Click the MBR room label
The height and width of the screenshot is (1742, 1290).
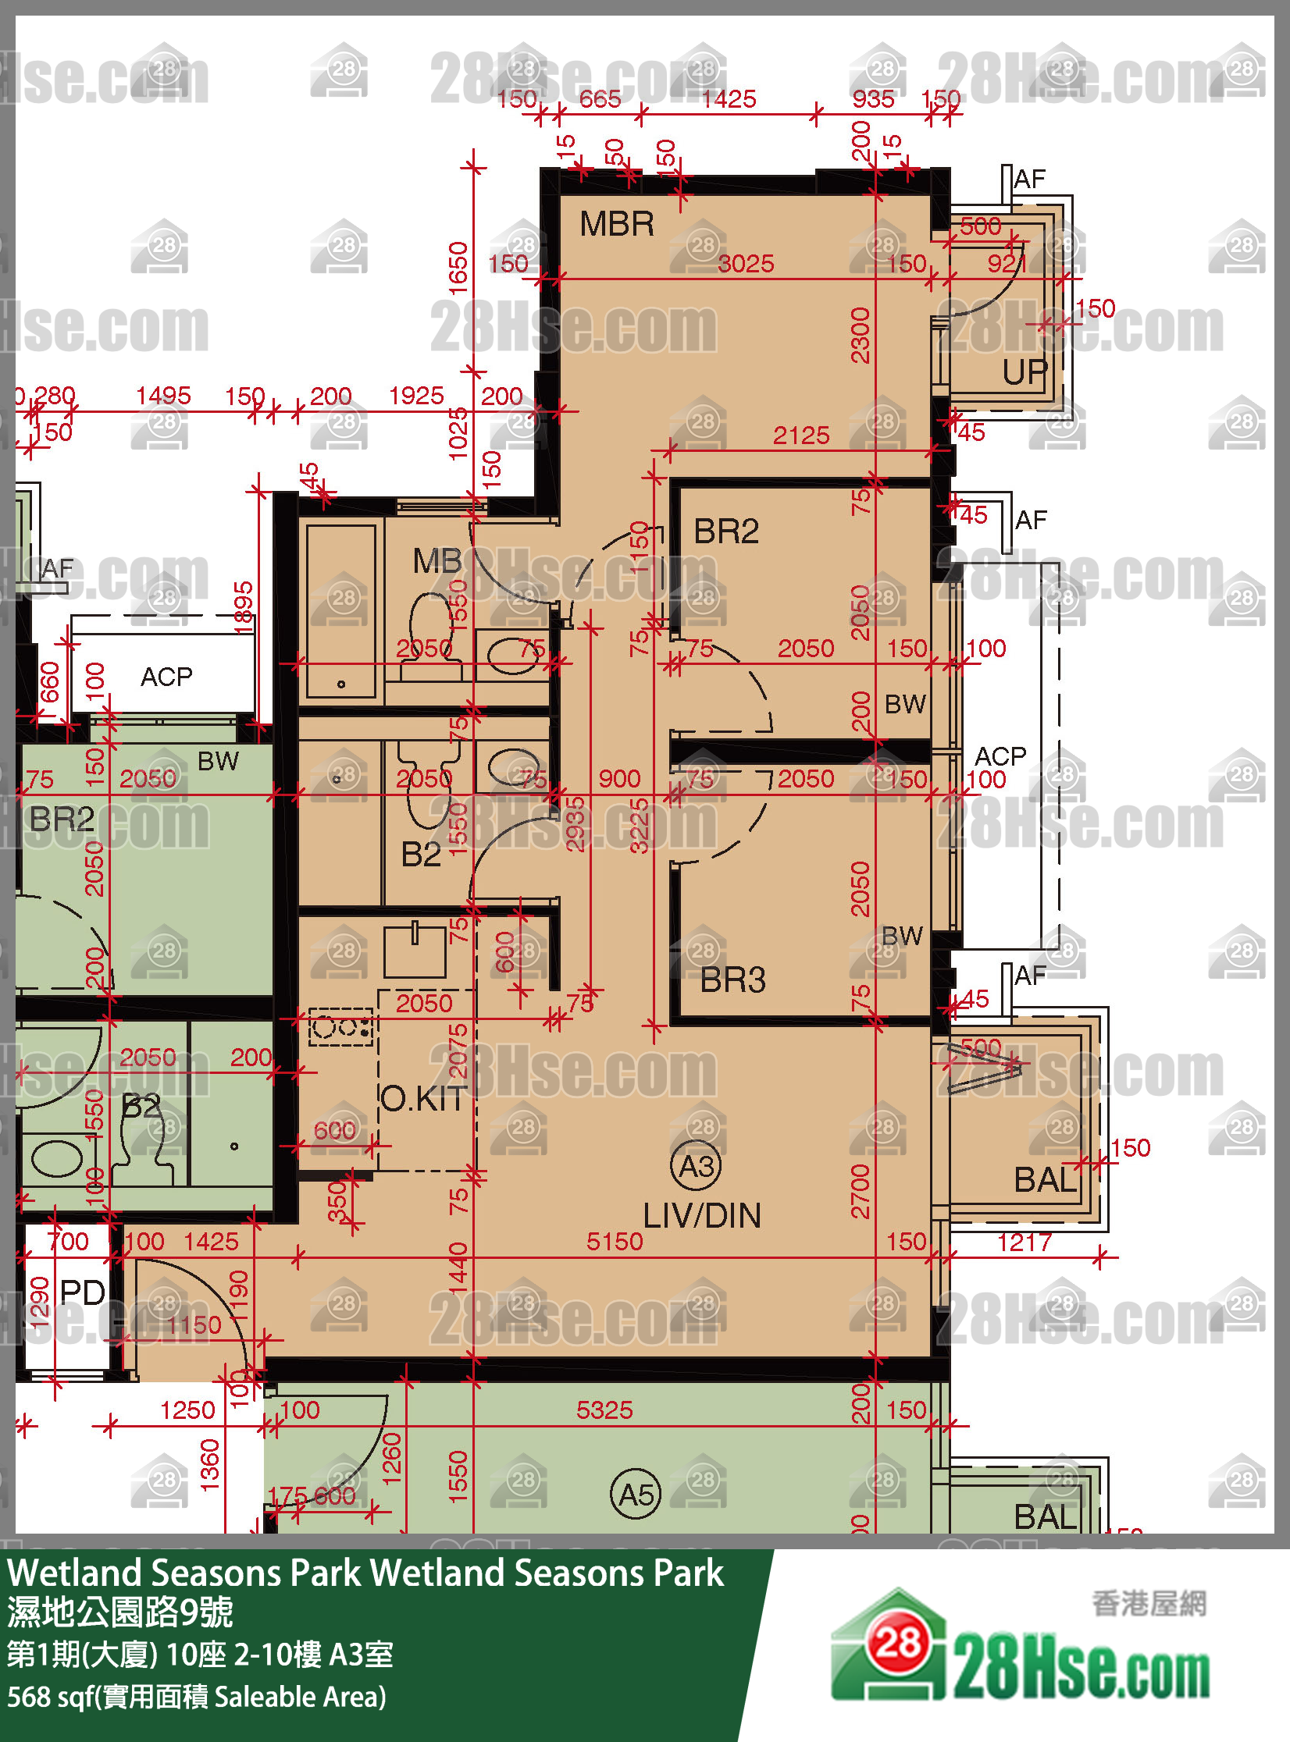[616, 225]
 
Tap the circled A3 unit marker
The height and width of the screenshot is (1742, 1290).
[696, 1166]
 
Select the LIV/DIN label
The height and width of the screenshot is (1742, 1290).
[701, 1215]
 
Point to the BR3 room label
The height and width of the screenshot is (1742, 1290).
[732, 979]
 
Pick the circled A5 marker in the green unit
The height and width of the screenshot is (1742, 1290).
[635, 1495]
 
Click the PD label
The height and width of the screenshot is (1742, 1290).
[82, 1292]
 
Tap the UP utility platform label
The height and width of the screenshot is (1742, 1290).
[1025, 372]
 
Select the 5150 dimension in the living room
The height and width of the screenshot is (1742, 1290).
[615, 1242]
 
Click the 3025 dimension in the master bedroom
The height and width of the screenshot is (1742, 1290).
[746, 264]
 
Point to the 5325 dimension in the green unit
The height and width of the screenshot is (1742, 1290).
[604, 1410]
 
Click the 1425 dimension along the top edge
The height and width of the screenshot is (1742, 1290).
[729, 99]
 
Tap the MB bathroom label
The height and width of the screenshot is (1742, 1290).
[437, 560]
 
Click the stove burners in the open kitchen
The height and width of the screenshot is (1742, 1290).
[341, 1027]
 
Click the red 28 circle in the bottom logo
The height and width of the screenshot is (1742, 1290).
[897, 1644]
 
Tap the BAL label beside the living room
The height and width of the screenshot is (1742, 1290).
[1044, 1180]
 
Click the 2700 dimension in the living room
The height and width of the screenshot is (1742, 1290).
[860, 1191]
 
